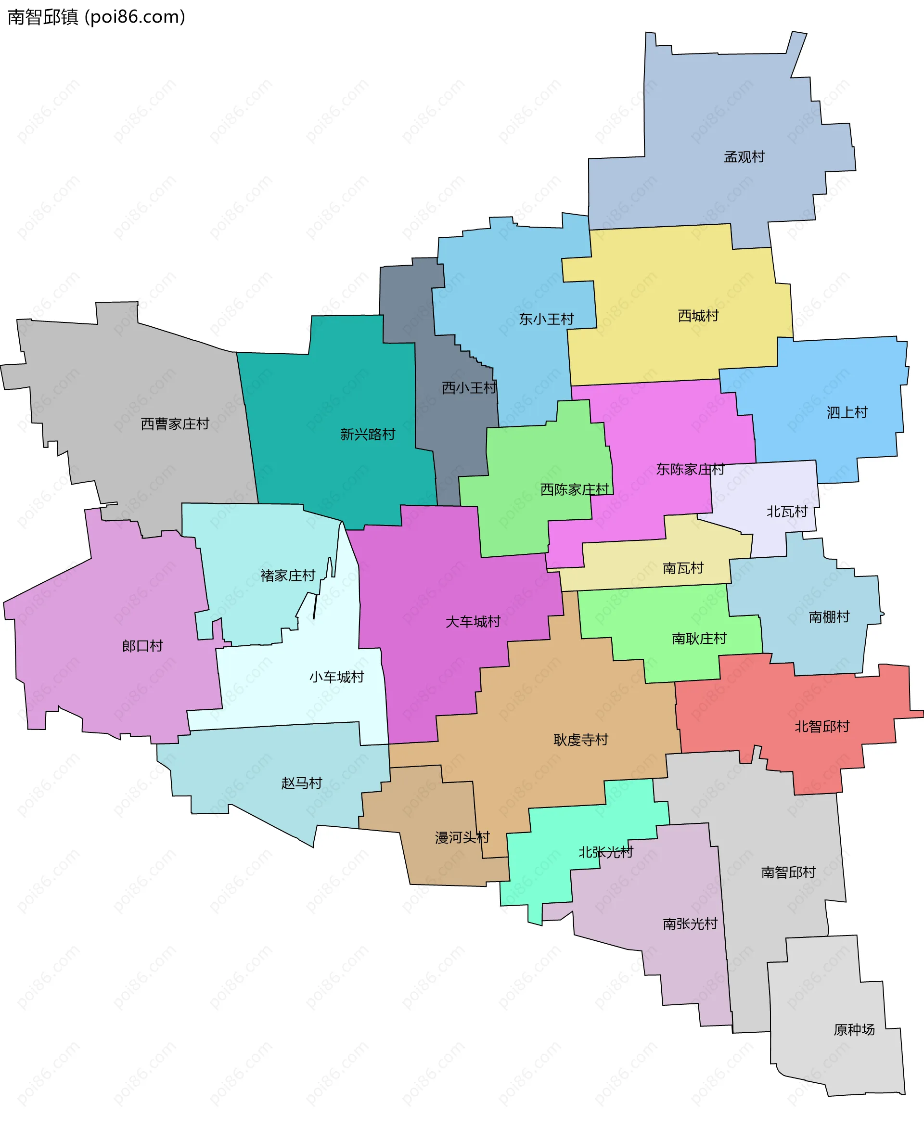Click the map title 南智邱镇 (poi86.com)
coord(96,17)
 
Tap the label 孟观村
coord(744,157)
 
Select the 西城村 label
coord(698,316)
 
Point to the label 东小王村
coord(546,320)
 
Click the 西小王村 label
coord(469,388)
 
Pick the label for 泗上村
coord(847,412)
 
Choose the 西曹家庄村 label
coord(175,424)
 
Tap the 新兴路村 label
coord(367,435)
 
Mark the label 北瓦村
coord(787,512)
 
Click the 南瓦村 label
coord(683,568)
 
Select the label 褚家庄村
coord(287,576)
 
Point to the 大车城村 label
coord(473,622)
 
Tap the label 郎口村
coord(142,646)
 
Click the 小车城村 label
coord(336,677)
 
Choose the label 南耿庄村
coord(699,638)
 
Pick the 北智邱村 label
coord(822,727)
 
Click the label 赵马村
coord(301,783)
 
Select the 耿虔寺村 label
coord(580,740)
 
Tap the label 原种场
coord(854,1029)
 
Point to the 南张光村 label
coord(690,923)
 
